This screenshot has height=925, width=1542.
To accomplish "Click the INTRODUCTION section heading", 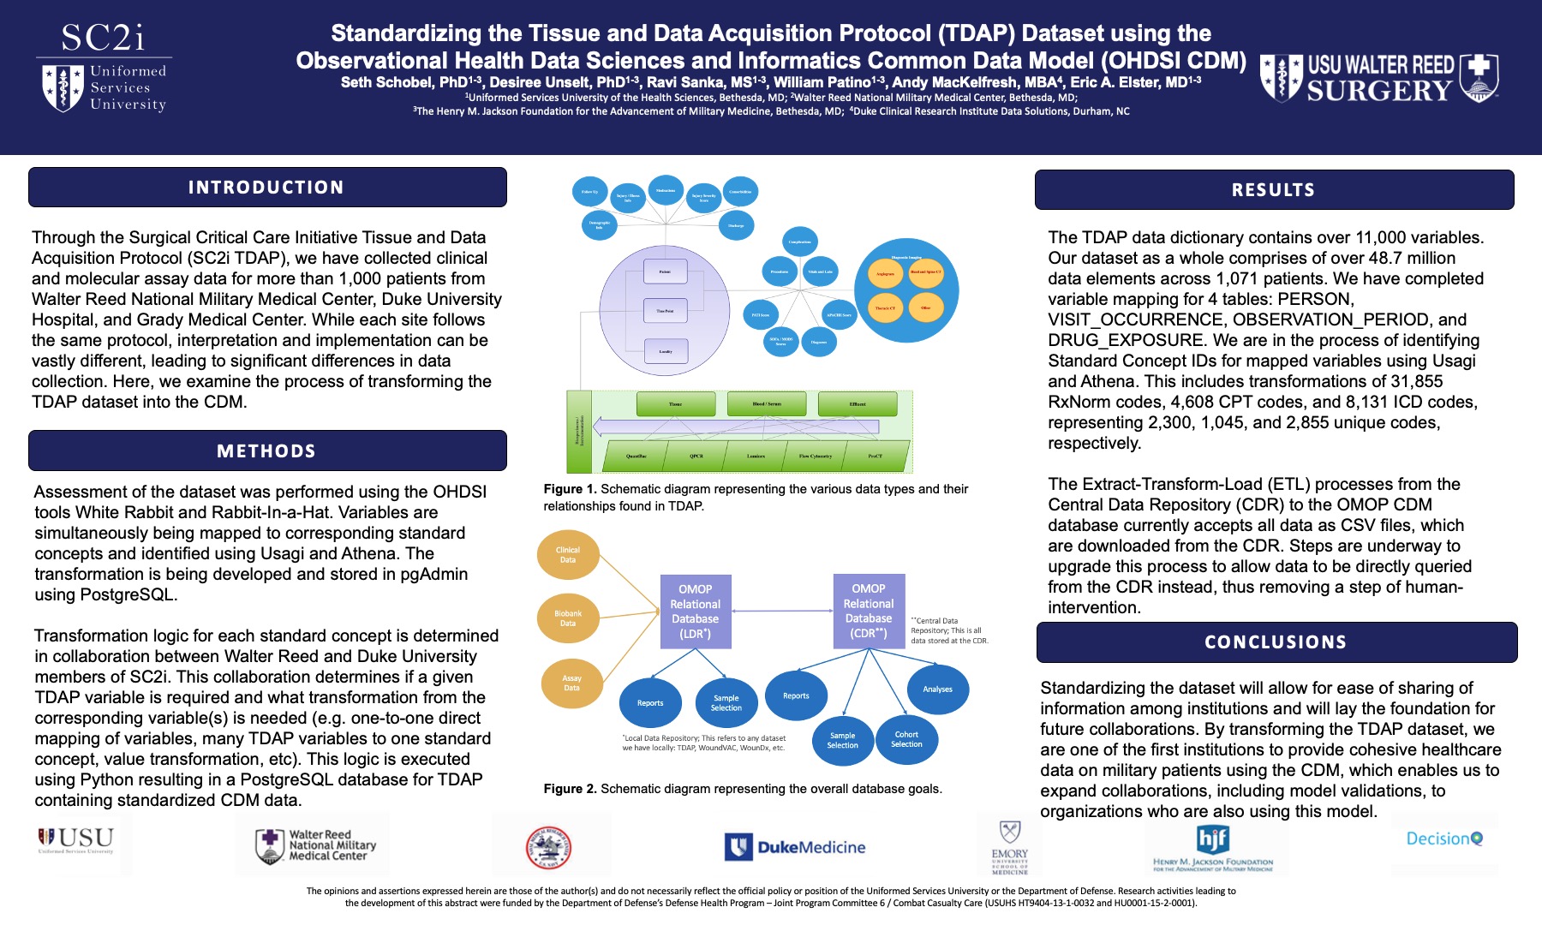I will point(266,188).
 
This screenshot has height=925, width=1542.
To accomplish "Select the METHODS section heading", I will point(266,451).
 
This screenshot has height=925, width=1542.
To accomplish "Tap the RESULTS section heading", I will point(1273,190).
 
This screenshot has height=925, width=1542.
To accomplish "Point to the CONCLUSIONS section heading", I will point(1276,642).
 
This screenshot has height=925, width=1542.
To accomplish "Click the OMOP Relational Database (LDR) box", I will point(695,612).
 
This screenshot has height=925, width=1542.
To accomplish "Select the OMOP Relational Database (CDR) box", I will point(869,611).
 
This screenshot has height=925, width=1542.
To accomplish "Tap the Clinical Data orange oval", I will point(568,555).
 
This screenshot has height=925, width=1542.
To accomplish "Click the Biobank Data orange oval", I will point(568,618).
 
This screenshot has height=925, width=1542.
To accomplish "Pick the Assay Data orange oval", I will point(571,683).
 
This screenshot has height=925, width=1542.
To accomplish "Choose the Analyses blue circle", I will point(937,689).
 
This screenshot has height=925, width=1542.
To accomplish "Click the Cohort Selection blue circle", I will point(906,739).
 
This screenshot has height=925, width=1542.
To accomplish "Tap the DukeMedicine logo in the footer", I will point(796,847).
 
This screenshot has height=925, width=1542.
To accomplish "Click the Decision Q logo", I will point(1444,839).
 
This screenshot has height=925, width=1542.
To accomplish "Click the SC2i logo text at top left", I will point(104,38).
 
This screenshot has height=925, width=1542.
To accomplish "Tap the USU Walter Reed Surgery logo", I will point(1379,79).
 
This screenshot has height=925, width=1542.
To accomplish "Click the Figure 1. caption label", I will point(570,489).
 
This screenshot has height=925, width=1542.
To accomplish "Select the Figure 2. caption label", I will point(570,789).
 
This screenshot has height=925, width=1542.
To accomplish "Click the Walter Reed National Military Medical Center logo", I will point(315,845).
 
